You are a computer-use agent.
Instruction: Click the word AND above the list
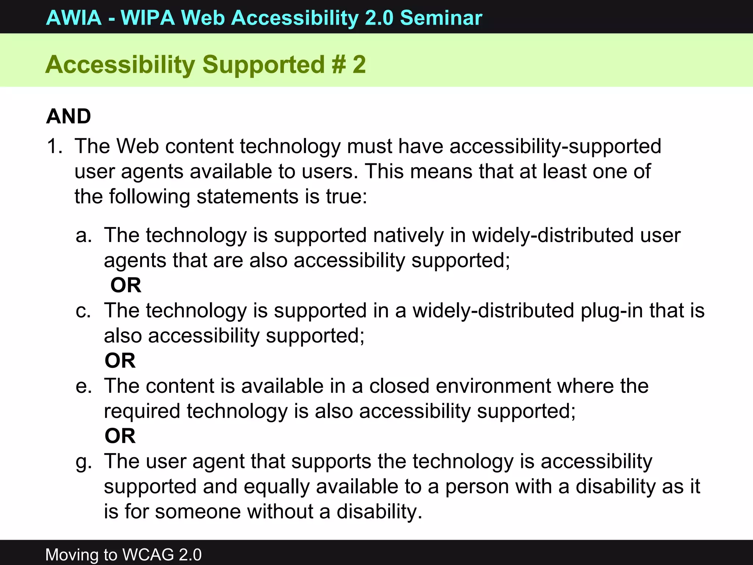69,116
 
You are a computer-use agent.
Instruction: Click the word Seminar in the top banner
441,18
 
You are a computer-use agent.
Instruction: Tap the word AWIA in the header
74,18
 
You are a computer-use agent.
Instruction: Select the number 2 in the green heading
359,64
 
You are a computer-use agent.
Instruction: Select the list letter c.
83,311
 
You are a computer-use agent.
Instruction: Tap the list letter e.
83,386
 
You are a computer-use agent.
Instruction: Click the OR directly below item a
126,285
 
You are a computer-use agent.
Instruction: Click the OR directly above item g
120,436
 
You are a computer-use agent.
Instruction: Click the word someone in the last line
197,512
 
